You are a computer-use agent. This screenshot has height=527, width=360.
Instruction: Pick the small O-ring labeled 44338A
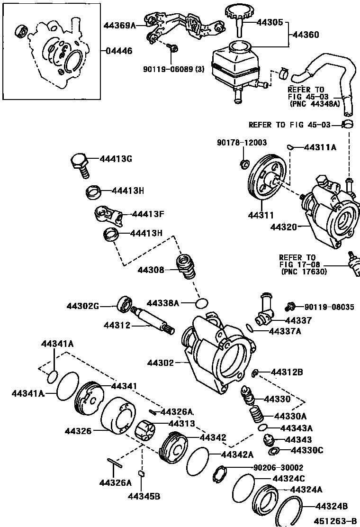coord(202,303)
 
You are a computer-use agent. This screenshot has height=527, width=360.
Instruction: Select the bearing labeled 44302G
coord(125,304)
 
